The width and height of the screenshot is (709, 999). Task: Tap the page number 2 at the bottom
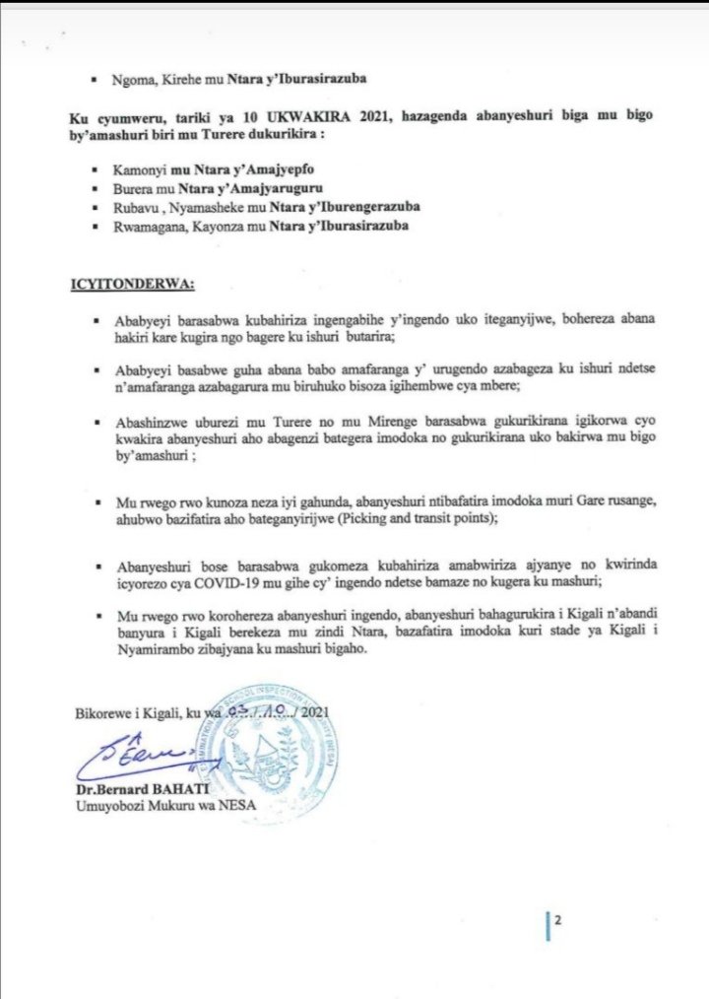tap(557, 922)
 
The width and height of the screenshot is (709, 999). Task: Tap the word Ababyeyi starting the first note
tap(144, 322)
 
